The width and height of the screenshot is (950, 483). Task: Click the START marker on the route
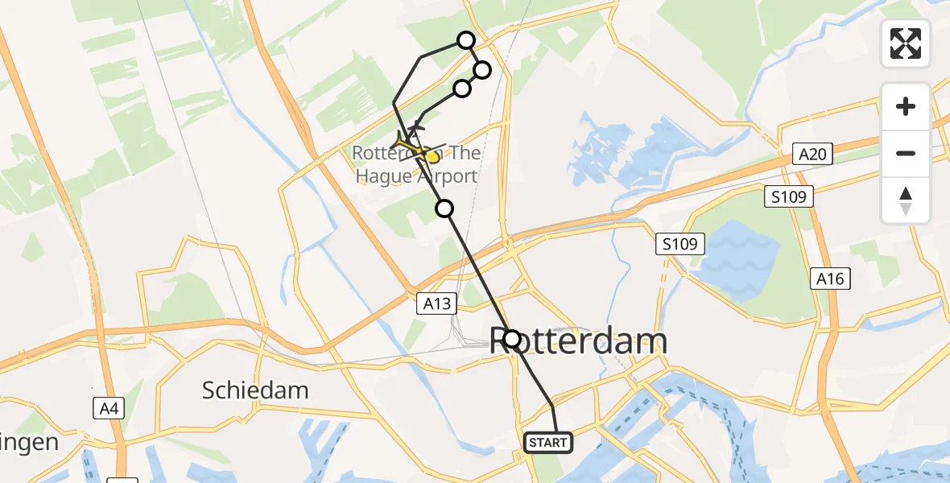pos(548,443)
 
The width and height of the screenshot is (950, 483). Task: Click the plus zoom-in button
pos(906,106)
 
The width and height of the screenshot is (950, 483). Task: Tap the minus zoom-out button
pos(906,153)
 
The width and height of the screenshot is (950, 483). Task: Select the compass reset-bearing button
pos(906,200)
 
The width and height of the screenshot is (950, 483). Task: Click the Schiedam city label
pos(255,390)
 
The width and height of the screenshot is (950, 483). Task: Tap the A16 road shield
pos(830,279)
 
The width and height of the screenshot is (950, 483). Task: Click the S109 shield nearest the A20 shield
pos(790,196)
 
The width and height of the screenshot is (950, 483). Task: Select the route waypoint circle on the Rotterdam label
pos(512,338)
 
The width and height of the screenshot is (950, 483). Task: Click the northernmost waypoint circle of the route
pos(466,40)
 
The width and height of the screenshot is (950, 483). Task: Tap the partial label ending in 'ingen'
pos(30,442)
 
